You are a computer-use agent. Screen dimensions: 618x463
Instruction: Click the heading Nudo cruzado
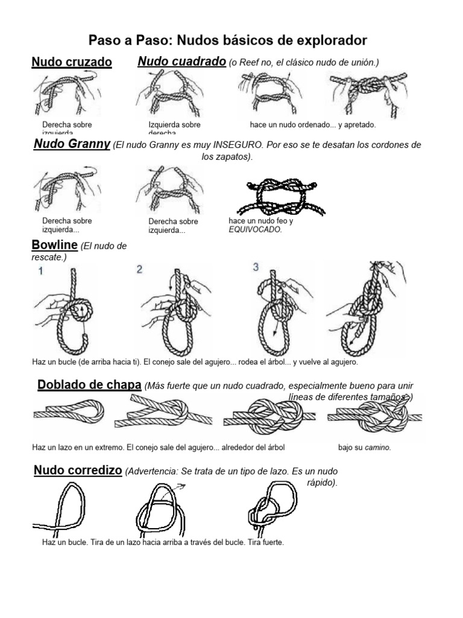click(x=72, y=62)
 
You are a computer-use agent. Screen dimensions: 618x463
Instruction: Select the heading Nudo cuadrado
click(x=181, y=62)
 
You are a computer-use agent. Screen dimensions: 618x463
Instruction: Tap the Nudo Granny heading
click(x=72, y=144)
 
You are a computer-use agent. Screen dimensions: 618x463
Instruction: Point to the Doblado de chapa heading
click(x=89, y=385)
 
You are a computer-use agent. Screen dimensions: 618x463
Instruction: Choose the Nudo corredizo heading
click(x=78, y=470)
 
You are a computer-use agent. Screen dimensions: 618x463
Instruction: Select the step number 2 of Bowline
click(x=139, y=270)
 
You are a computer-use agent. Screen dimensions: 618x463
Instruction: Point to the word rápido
click(x=324, y=483)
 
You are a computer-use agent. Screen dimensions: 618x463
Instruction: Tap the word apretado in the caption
click(x=357, y=125)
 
